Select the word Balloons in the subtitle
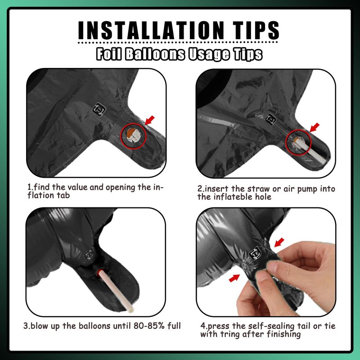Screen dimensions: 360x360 point(155,54)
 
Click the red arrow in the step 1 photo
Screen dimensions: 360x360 point(149,120)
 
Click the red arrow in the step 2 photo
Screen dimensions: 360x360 point(314,127)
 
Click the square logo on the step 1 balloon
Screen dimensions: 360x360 point(99,109)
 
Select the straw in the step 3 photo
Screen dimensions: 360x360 point(116,290)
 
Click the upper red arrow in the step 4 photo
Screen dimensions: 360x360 point(279,243)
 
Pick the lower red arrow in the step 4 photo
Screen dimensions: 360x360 point(234,278)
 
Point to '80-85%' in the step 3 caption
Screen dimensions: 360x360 point(149,326)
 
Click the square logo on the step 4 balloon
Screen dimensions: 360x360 point(255,253)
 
